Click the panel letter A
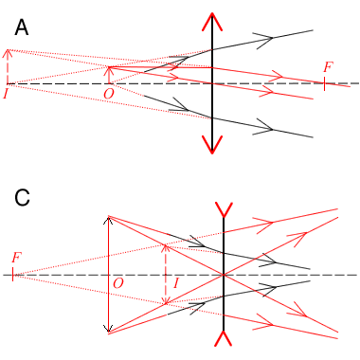[22, 29]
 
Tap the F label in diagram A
[328, 67]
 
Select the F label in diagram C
[16, 258]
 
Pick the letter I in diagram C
[176, 282]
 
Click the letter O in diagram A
[108, 94]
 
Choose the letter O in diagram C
[117, 283]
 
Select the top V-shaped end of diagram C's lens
[224, 208]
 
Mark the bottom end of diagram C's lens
[224, 340]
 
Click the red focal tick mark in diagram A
[324, 83]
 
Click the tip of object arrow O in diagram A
[111, 67]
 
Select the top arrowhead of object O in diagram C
[110, 217]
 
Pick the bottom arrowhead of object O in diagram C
[110, 333]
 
